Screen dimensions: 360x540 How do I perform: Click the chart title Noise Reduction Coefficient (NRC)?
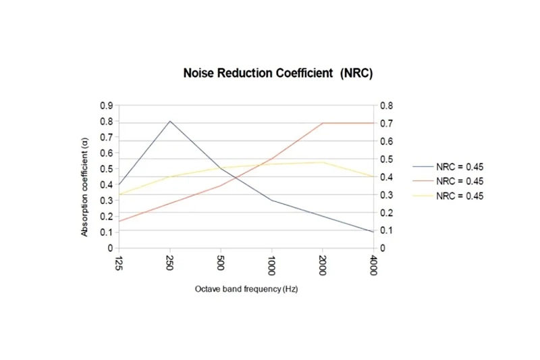(278, 72)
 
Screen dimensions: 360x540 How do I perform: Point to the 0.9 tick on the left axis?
(107, 106)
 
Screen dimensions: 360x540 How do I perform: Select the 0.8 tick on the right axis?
(385, 106)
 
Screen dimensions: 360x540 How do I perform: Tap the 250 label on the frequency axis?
(170, 263)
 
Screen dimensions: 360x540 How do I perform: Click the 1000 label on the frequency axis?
(271, 264)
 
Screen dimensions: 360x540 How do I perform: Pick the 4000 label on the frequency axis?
(373, 264)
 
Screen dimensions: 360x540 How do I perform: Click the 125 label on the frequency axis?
(119, 263)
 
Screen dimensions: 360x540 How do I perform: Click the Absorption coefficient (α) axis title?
(85, 186)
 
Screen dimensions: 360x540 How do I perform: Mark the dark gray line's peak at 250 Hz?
(170, 122)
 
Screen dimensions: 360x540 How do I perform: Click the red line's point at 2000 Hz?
(323, 123)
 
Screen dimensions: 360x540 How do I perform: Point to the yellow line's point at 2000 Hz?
(323, 162)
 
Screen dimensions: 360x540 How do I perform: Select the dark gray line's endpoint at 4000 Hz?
(373, 232)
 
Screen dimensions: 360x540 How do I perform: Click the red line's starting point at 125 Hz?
(119, 221)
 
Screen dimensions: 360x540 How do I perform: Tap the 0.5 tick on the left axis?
(107, 169)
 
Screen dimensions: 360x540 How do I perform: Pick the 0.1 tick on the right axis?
(385, 230)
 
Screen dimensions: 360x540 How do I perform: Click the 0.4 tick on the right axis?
(385, 177)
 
